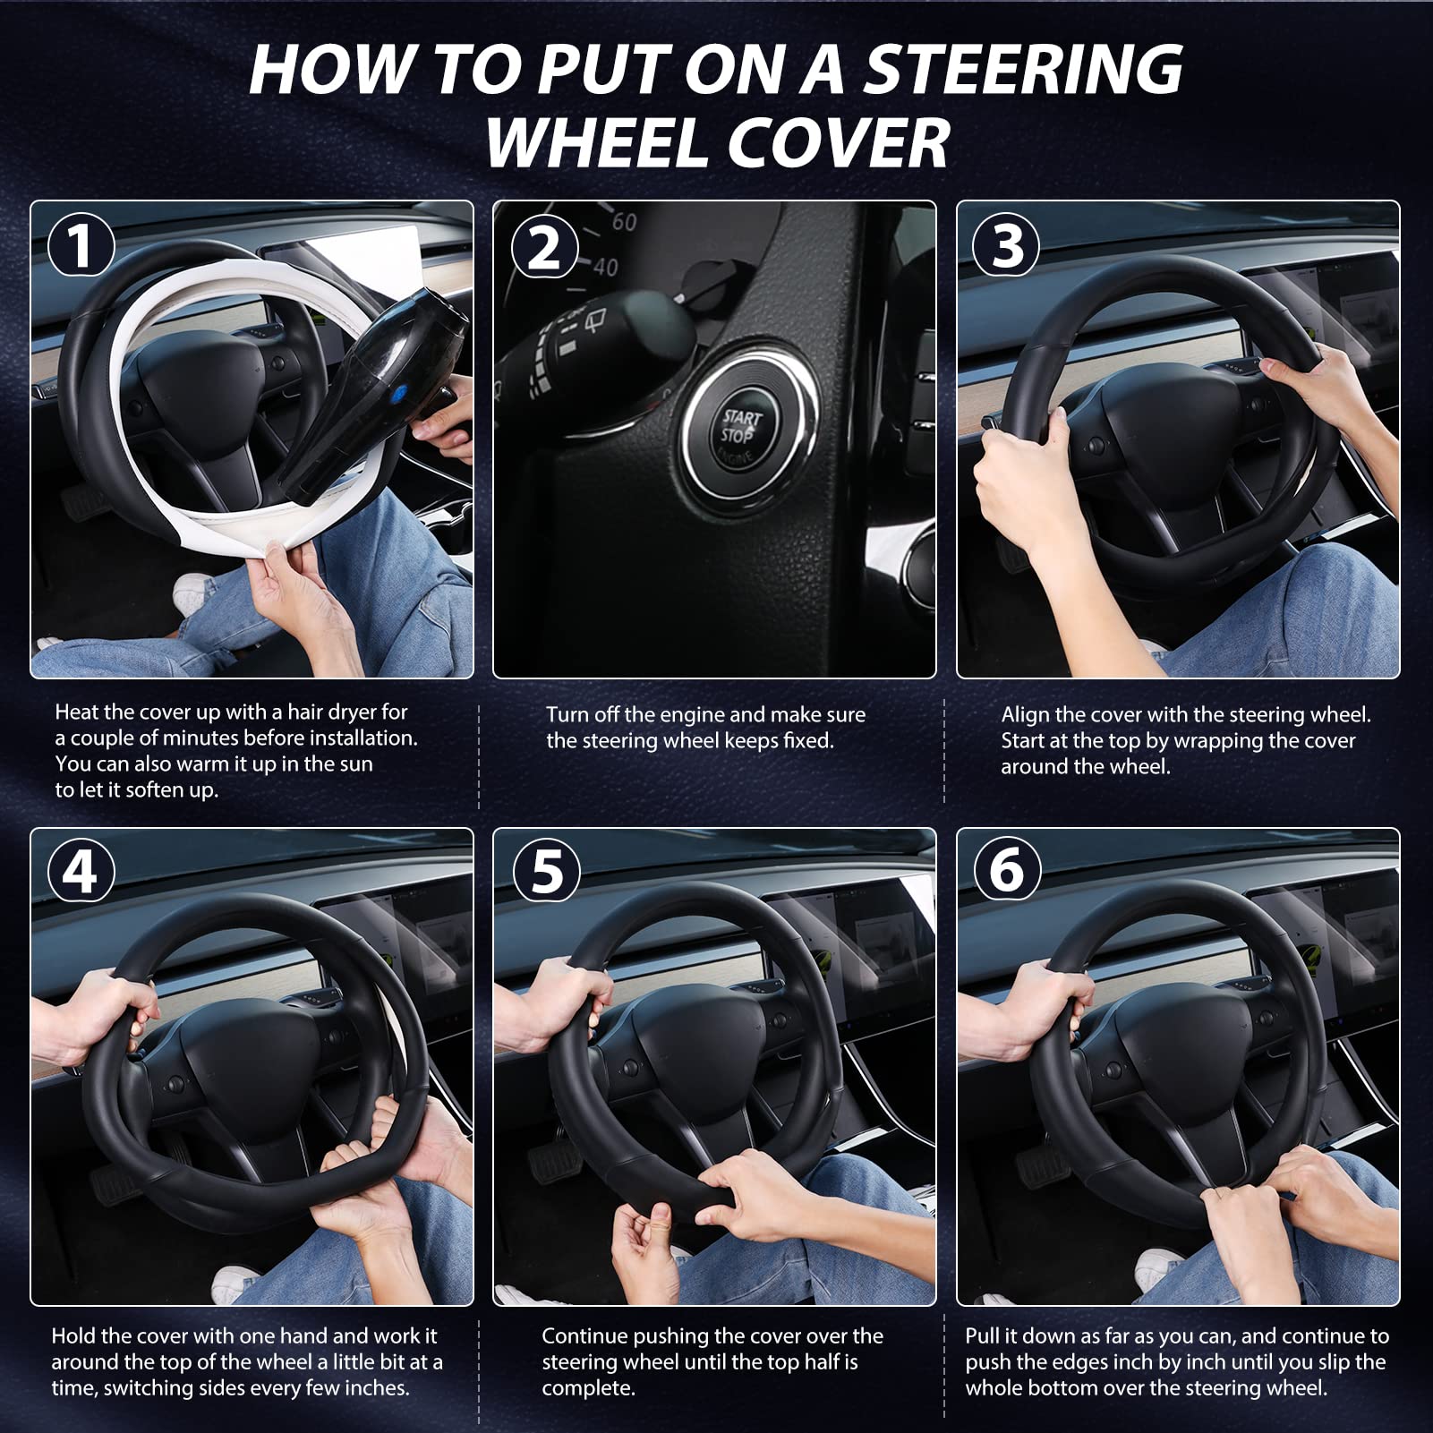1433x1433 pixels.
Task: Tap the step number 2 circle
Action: click(543, 246)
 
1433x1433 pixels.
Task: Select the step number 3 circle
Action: click(1007, 246)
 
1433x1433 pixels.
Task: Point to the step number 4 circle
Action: click(81, 871)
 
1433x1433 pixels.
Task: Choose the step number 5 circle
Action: click(545, 871)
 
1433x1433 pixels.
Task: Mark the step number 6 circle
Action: click(1007, 871)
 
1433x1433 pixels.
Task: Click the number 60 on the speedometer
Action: click(624, 220)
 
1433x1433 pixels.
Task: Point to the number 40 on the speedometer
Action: click(605, 266)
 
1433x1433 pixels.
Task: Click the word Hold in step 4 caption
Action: click(73, 1336)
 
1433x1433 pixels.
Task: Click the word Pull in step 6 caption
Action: click(983, 1336)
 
